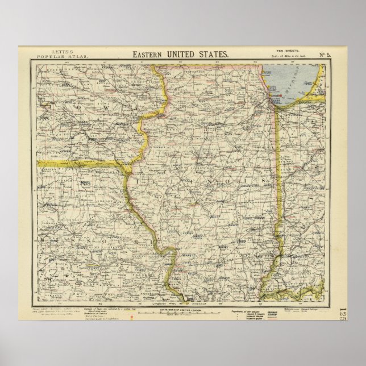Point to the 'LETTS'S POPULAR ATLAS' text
pyautogui.click(x=51, y=55)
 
